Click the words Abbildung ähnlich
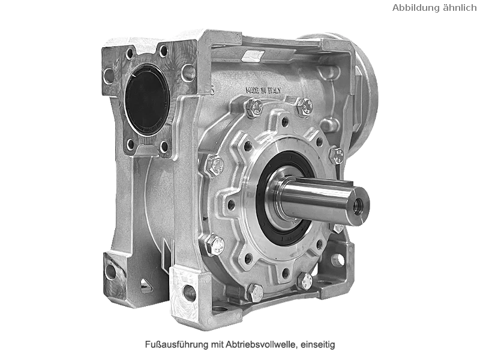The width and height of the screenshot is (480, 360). click(434, 8)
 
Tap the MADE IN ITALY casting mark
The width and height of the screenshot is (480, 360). click(263, 90)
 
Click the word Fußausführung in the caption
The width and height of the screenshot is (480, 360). click(177, 344)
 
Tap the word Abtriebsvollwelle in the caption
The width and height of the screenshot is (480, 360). click(261, 344)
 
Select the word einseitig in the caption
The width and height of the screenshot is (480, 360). click(318, 344)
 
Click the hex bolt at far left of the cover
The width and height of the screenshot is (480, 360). click(215, 166)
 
